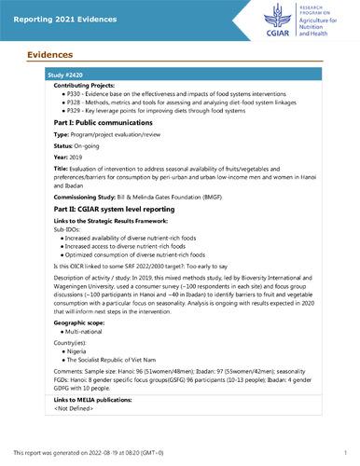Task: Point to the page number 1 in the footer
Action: click(344, 452)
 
